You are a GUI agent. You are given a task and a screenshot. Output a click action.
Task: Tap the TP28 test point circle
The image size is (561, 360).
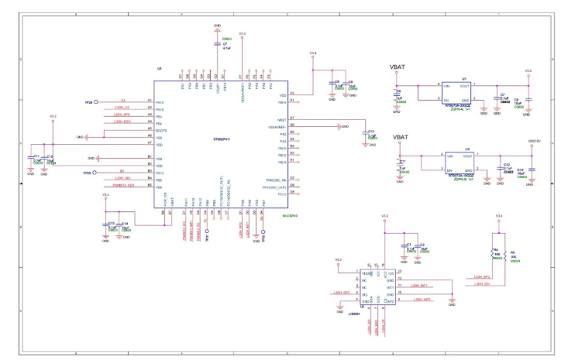[x=95, y=101]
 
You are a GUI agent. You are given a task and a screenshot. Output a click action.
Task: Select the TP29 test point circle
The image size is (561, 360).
[x=95, y=173]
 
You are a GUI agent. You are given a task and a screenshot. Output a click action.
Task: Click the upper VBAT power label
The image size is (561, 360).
[x=400, y=67]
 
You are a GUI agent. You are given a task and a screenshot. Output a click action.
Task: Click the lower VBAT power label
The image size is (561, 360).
[x=400, y=138]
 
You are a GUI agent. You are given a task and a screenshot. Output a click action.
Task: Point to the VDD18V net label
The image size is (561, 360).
[x=533, y=142]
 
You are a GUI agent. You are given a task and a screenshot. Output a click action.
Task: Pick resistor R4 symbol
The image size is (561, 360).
[x=494, y=253]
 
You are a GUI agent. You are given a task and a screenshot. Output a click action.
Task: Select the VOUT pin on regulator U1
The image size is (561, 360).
[x=466, y=85]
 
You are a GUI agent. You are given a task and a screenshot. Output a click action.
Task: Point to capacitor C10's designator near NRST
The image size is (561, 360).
[x=371, y=132]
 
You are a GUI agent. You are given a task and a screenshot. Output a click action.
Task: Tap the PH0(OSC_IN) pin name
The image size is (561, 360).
[x=277, y=180]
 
